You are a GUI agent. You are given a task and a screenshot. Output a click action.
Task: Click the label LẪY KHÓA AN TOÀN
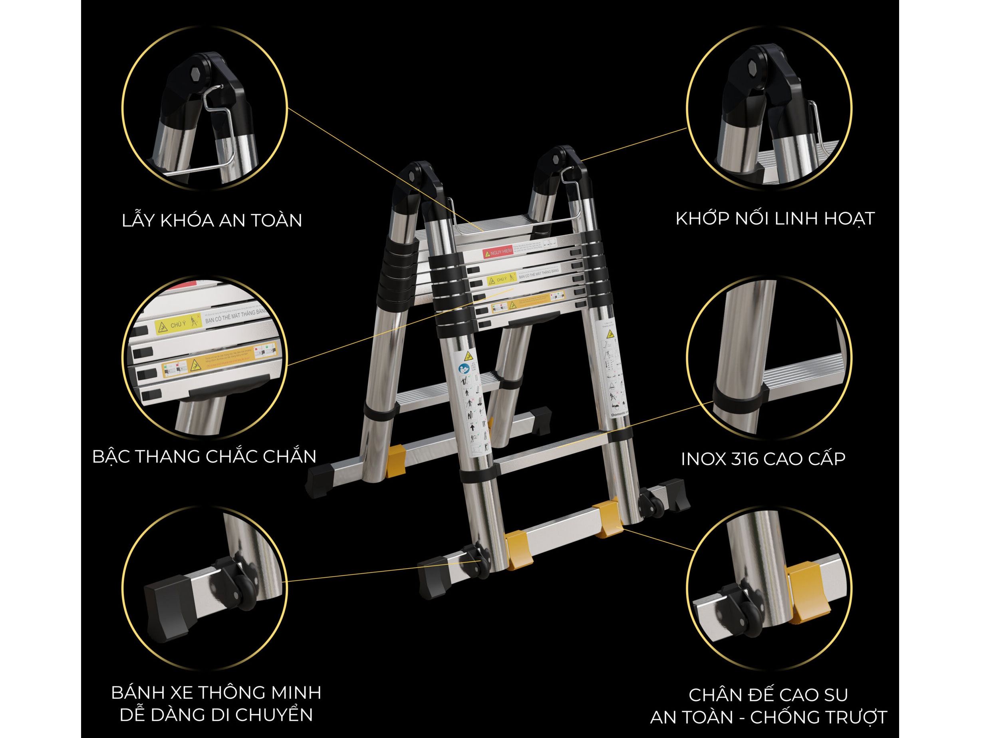click(x=212, y=221)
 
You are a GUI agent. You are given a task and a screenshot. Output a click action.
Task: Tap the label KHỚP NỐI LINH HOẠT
click(x=775, y=219)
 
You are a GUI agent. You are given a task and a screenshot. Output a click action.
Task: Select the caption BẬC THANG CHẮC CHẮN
click(x=204, y=457)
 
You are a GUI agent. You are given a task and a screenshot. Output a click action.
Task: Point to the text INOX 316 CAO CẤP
click(x=763, y=459)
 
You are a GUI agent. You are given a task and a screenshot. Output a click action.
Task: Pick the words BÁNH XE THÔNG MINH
click(x=216, y=693)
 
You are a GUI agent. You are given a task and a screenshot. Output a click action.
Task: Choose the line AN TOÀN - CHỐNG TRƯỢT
click(x=769, y=717)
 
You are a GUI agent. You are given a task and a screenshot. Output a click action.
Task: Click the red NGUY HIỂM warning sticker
click(x=498, y=253)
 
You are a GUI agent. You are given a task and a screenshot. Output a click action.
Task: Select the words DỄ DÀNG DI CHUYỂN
click(x=216, y=715)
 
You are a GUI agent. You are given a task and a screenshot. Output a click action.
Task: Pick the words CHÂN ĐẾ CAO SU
click(x=769, y=695)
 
